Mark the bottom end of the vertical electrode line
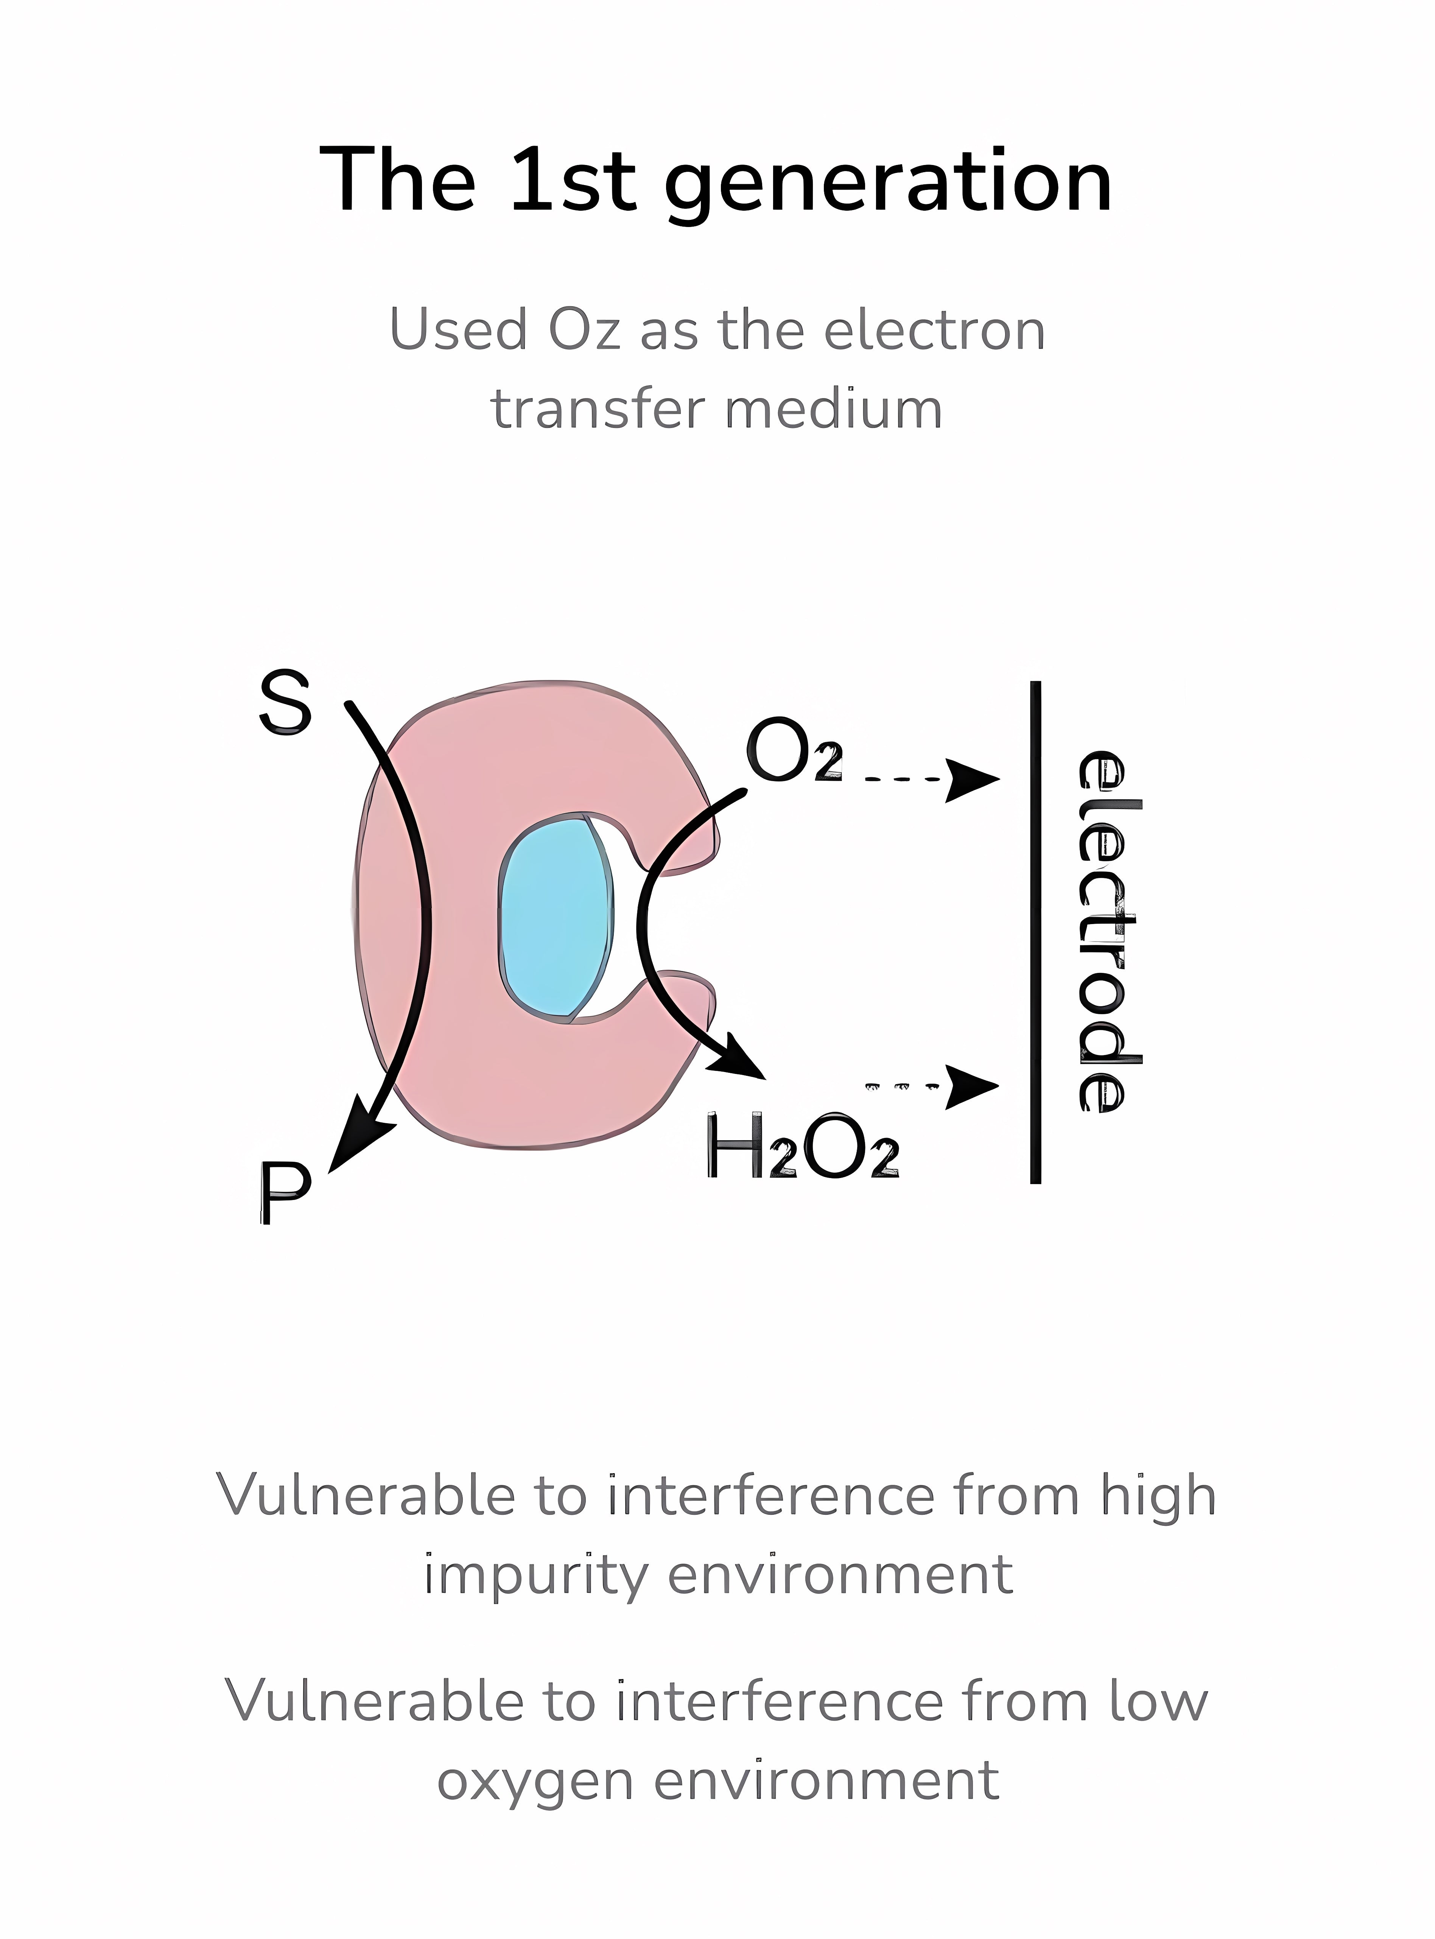(x=1035, y=1181)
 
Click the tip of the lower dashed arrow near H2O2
(x=999, y=1086)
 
